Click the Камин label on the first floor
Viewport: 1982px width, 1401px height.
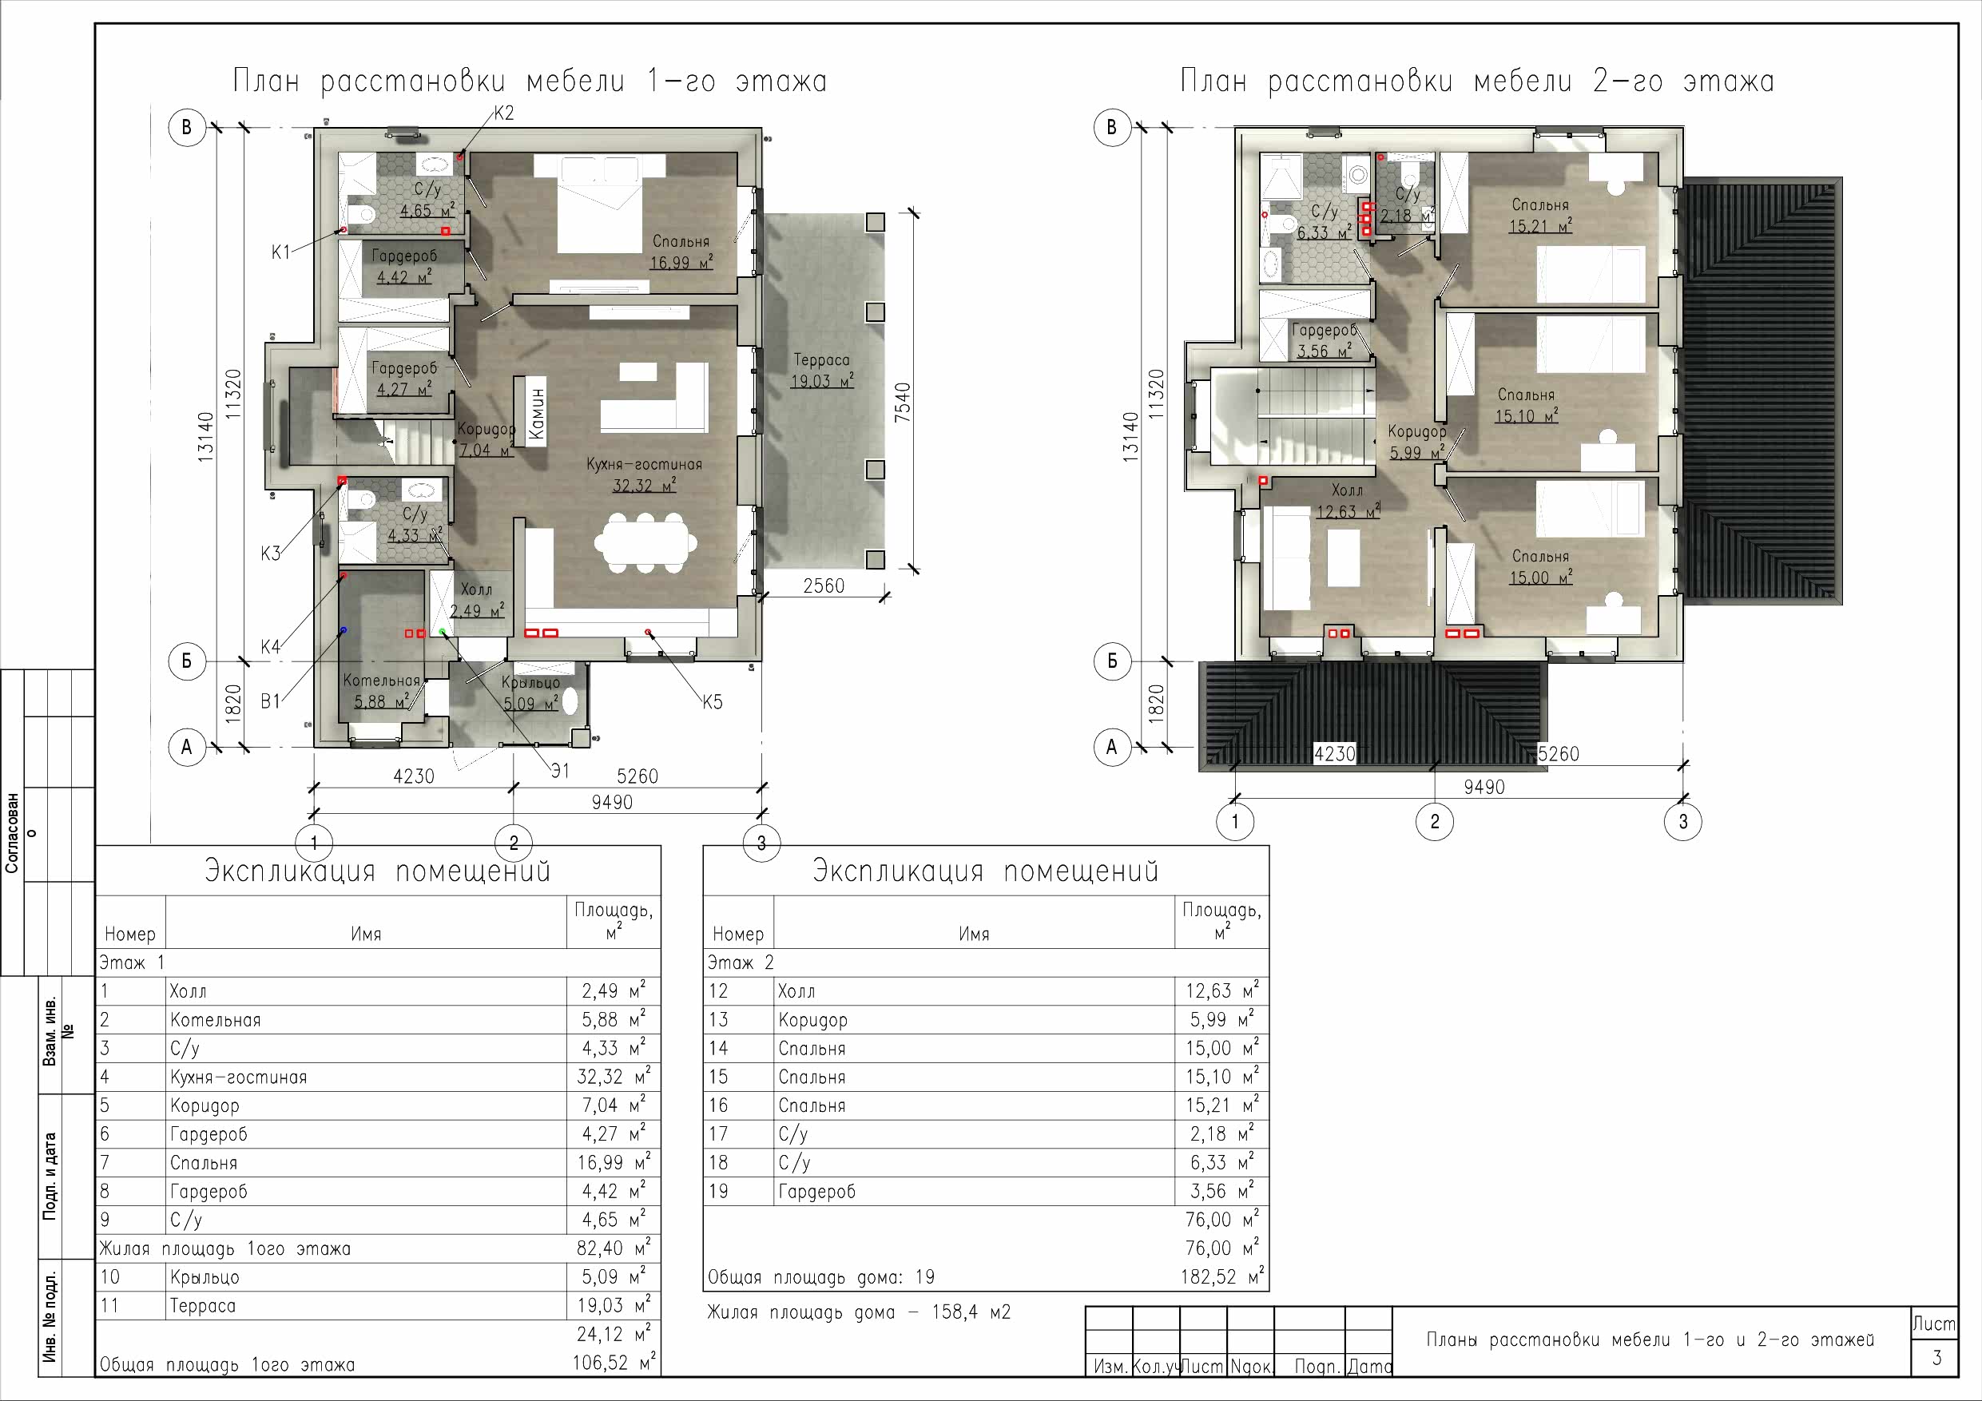click(x=537, y=412)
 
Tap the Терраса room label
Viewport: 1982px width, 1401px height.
click(x=822, y=360)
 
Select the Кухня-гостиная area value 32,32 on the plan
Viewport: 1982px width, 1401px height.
click(x=644, y=485)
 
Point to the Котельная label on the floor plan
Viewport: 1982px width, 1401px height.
click(x=382, y=681)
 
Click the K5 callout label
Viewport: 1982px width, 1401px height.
click(x=712, y=702)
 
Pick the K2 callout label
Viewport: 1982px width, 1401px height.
click(x=503, y=113)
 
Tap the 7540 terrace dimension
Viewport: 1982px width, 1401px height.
click(x=902, y=402)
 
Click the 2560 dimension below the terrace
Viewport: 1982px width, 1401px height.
click(x=824, y=586)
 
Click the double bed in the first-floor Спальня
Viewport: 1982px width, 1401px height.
click(x=600, y=204)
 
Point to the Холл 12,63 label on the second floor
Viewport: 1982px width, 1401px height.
click(x=1348, y=502)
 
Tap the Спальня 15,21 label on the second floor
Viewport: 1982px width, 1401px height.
click(x=1540, y=216)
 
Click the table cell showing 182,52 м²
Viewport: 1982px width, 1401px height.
click(x=1221, y=1276)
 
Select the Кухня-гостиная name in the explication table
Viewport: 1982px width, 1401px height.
click(x=238, y=1077)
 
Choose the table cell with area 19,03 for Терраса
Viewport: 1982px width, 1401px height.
click(x=612, y=1304)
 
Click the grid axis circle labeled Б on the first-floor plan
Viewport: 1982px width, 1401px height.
click(x=186, y=662)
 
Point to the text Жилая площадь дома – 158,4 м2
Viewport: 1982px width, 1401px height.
click(x=859, y=1312)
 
